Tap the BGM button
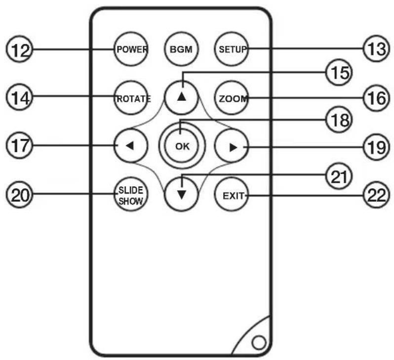(x=181, y=49)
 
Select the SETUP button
(x=232, y=49)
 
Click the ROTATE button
(x=131, y=98)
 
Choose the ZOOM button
(x=232, y=98)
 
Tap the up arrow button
(x=181, y=98)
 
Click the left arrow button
(x=131, y=146)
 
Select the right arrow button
(x=232, y=146)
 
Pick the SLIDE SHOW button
(x=131, y=194)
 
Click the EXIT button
(x=232, y=194)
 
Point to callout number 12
(x=20, y=49)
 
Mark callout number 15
(x=339, y=73)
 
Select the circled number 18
(x=339, y=120)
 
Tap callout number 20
(x=20, y=195)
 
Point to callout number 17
(x=20, y=146)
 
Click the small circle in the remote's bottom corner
(x=259, y=343)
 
